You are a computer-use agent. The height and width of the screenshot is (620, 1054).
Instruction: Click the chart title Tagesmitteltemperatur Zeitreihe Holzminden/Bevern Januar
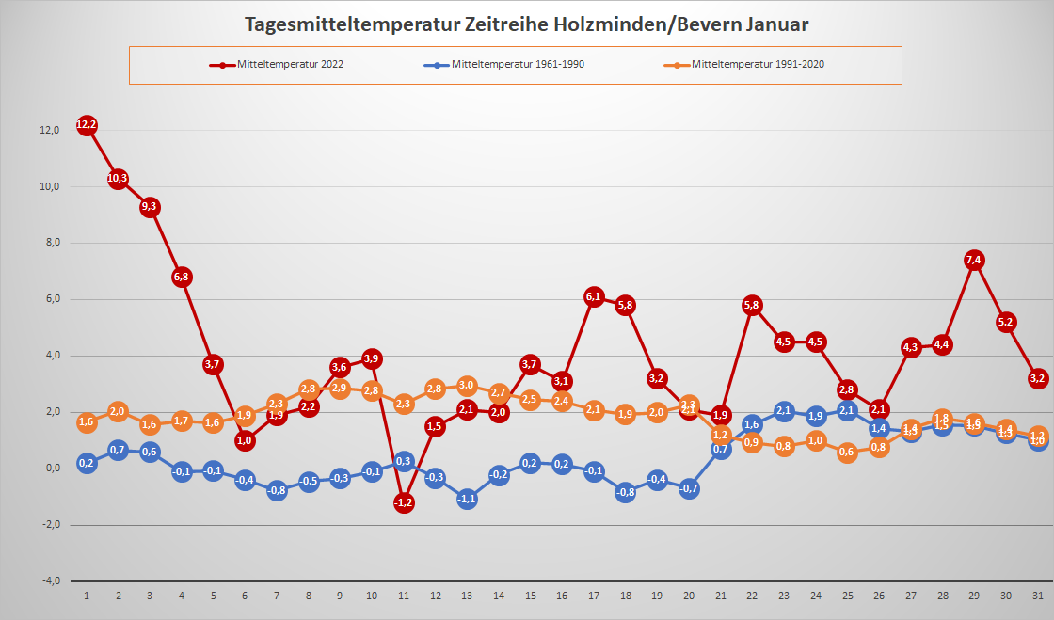click(x=526, y=24)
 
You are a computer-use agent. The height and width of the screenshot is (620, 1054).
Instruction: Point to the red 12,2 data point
click(x=87, y=125)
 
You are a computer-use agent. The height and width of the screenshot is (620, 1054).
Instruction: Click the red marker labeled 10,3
click(x=119, y=179)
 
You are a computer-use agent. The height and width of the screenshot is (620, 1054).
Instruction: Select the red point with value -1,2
click(x=404, y=502)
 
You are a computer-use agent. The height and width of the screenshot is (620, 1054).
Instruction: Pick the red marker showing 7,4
click(x=974, y=260)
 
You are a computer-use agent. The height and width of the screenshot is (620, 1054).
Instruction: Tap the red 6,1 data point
click(x=594, y=297)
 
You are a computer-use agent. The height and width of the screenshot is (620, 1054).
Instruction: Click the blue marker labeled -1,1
click(x=467, y=500)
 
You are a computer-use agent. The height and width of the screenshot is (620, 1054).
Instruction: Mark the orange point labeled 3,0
click(x=467, y=385)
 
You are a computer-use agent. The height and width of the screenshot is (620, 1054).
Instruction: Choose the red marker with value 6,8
click(x=182, y=278)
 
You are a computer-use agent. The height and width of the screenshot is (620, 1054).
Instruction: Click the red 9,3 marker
click(x=150, y=207)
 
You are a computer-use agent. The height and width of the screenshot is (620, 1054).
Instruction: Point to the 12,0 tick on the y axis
click(x=49, y=130)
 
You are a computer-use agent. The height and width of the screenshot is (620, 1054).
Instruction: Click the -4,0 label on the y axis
click(x=49, y=580)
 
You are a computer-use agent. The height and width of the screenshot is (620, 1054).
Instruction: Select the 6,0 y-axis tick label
click(x=49, y=299)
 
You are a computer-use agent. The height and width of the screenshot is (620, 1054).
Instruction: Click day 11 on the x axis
click(x=404, y=596)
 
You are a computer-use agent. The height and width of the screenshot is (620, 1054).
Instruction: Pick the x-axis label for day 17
click(x=594, y=596)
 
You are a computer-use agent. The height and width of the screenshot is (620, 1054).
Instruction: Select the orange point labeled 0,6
click(x=847, y=452)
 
